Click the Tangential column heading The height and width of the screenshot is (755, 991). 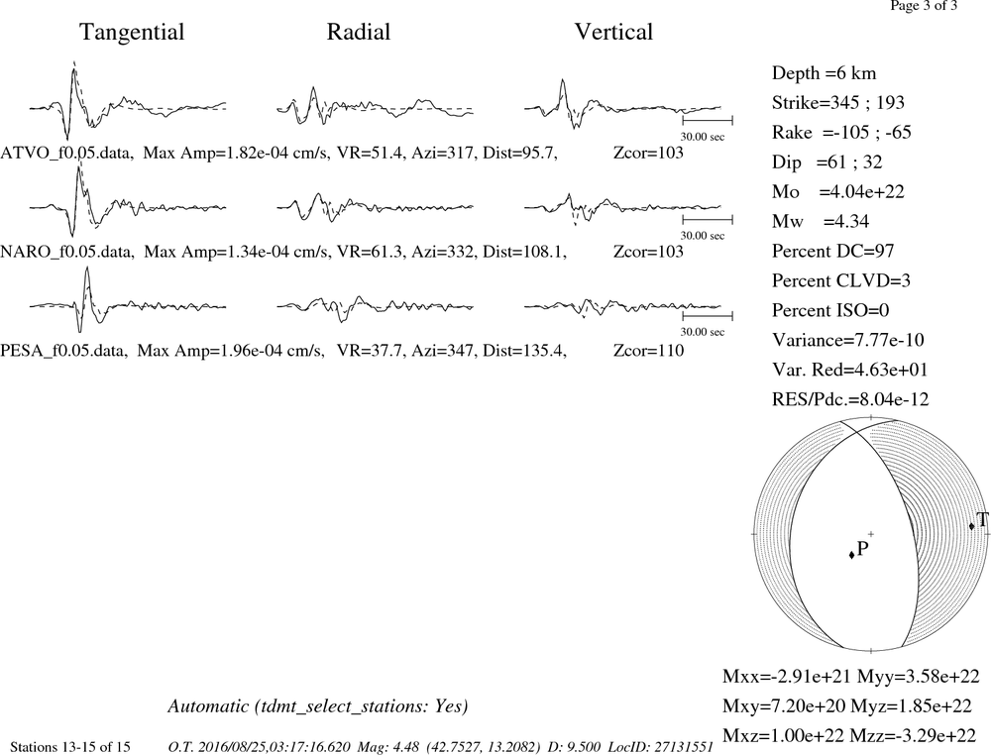click(132, 33)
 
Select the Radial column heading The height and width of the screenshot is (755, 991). click(359, 33)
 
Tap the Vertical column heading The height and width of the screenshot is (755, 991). click(613, 33)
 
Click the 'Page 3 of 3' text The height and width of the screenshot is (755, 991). click(924, 6)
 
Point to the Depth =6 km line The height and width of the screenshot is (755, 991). click(825, 73)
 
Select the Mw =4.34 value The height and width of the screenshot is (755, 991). click(821, 222)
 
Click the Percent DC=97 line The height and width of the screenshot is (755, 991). click(833, 252)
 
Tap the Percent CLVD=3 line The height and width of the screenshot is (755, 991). click(841, 281)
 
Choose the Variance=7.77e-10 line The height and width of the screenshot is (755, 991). click(848, 341)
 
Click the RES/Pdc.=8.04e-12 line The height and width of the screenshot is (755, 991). click(850, 399)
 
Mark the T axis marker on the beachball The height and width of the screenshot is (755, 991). click(971, 526)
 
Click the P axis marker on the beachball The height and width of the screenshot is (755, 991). click(852, 554)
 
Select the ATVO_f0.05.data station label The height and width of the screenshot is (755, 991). click(67, 153)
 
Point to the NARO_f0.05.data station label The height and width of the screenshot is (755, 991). click(67, 252)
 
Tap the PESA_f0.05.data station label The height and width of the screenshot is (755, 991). click(63, 351)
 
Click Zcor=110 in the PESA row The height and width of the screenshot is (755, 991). click(648, 351)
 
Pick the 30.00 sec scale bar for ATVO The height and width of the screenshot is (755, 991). click(708, 120)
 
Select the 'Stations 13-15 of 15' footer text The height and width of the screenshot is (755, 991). click(70, 747)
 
